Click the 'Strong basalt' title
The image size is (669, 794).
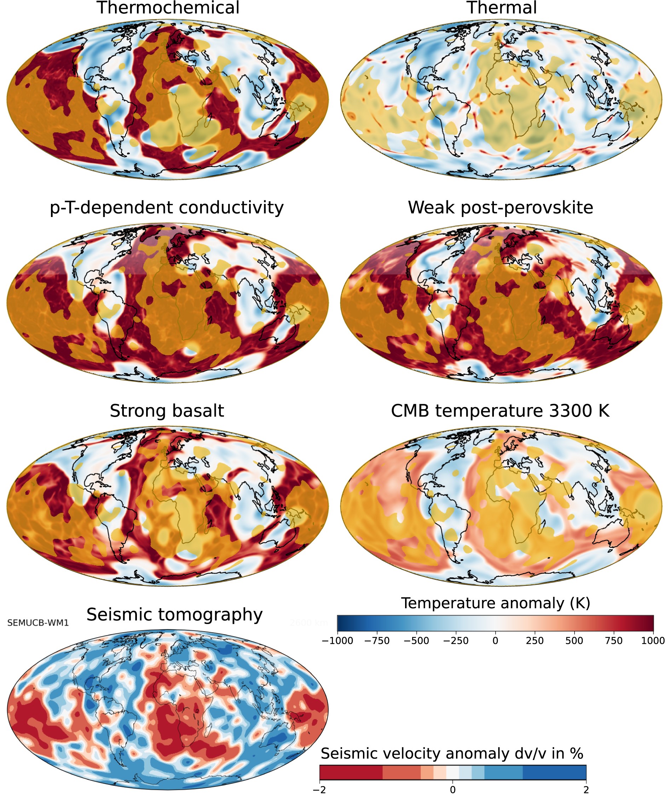coord(167,411)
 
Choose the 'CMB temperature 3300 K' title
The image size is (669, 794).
coord(500,411)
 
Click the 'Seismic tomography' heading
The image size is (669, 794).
coord(174,615)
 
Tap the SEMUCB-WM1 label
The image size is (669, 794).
coord(38,623)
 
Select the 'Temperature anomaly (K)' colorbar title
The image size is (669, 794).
coord(496,603)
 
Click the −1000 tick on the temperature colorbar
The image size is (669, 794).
coord(338,641)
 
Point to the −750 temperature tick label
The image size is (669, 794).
coord(377,641)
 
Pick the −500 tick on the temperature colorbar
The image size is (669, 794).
coord(416,641)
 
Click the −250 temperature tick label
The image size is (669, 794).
coord(456,641)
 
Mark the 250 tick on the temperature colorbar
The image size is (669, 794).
coord(535,641)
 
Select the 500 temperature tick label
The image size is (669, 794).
coord(574,641)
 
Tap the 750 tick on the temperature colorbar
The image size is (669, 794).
coord(613,641)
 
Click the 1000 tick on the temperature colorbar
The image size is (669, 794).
coord(653,641)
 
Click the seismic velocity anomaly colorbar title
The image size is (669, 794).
coord(452,753)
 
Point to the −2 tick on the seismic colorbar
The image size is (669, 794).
coord(319,790)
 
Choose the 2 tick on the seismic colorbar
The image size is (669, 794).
coord(586,790)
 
